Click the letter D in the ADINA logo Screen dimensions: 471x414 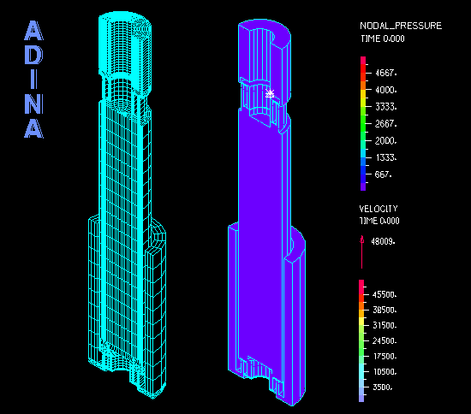coord(33,56)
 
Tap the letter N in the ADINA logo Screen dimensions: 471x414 coord(33,103)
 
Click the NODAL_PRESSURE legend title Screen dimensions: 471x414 coord(401,26)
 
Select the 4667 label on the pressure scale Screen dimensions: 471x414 coord(386,73)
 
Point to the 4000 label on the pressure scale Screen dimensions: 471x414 coord(386,90)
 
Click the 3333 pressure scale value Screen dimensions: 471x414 coord(386,107)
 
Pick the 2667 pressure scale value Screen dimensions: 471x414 coord(386,123)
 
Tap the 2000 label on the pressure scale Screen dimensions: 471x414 coord(386,140)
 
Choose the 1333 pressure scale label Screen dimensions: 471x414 coord(386,157)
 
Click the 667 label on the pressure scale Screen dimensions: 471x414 coord(384,174)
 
